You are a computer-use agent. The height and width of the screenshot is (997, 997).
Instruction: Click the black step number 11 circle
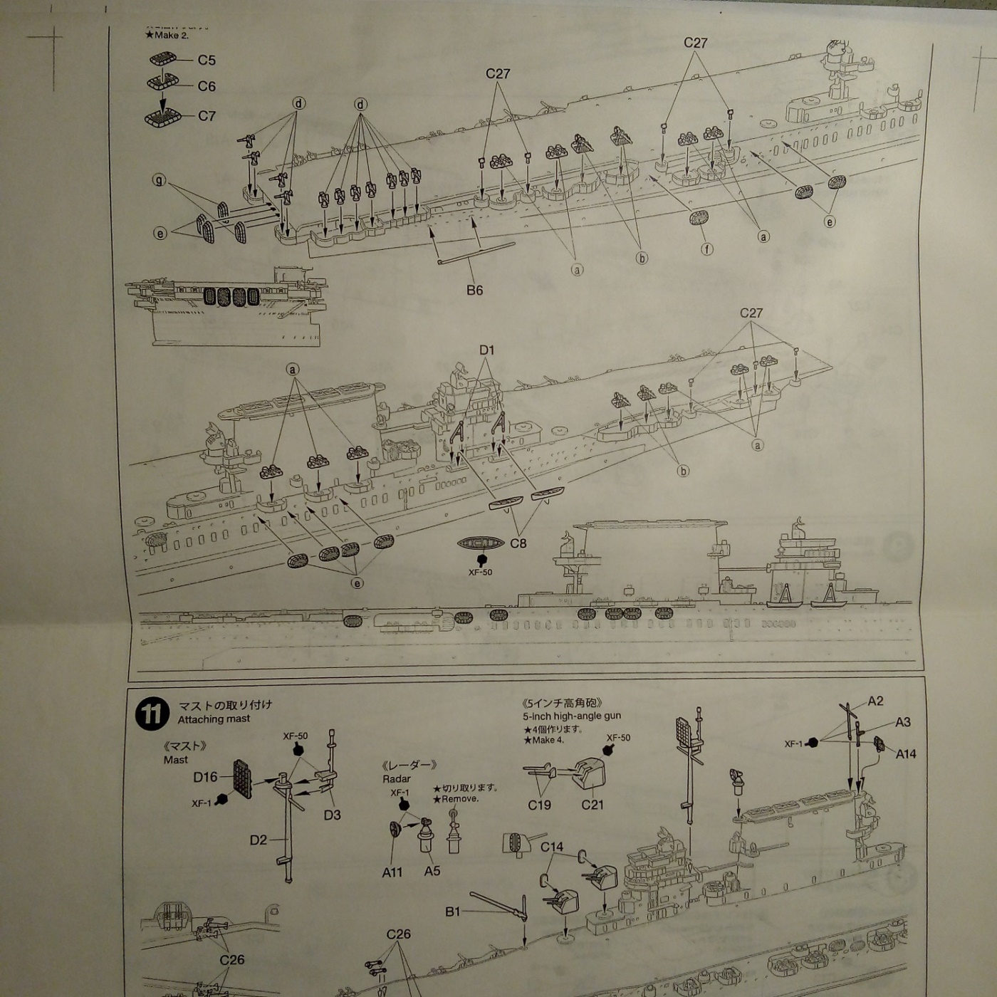pyautogui.click(x=152, y=714)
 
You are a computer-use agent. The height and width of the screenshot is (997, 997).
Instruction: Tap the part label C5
pyautogui.click(x=207, y=61)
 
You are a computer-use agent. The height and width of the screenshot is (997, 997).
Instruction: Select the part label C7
pyautogui.click(x=207, y=115)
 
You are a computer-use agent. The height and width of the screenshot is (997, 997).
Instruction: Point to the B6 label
pyautogui.click(x=474, y=290)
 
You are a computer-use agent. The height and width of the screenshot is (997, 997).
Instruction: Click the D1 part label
pyautogui.click(x=486, y=350)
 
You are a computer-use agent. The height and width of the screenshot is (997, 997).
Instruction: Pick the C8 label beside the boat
pyautogui.click(x=518, y=543)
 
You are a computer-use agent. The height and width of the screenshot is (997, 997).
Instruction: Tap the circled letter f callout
pyautogui.click(x=707, y=249)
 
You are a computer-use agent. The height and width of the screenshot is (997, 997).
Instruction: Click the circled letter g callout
pyautogui.click(x=159, y=180)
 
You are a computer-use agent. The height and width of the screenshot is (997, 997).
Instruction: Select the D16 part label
pyautogui.click(x=205, y=777)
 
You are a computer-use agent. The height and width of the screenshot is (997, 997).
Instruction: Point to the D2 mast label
pyautogui.click(x=258, y=840)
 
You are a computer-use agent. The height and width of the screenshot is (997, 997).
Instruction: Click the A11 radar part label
pyautogui.click(x=392, y=872)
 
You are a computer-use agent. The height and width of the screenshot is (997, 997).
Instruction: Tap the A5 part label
pyautogui.click(x=432, y=871)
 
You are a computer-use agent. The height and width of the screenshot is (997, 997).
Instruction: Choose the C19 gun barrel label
pyautogui.click(x=539, y=805)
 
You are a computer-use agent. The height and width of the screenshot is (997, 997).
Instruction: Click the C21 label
pyautogui.click(x=592, y=805)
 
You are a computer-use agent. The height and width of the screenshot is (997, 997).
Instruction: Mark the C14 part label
pyautogui.click(x=551, y=847)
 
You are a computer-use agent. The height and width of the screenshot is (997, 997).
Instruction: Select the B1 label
pyautogui.click(x=453, y=912)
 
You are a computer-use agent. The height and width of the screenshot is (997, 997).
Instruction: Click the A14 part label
pyautogui.click(x=905, y=753)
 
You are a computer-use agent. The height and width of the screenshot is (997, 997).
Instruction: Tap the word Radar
pyautogui.click(x=396, y=779)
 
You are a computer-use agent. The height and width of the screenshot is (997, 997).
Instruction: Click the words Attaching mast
pyautogui.click(x=214, y=719)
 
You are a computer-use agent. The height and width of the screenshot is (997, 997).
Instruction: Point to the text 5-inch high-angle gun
pyautogui.click(x=572, y=716)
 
